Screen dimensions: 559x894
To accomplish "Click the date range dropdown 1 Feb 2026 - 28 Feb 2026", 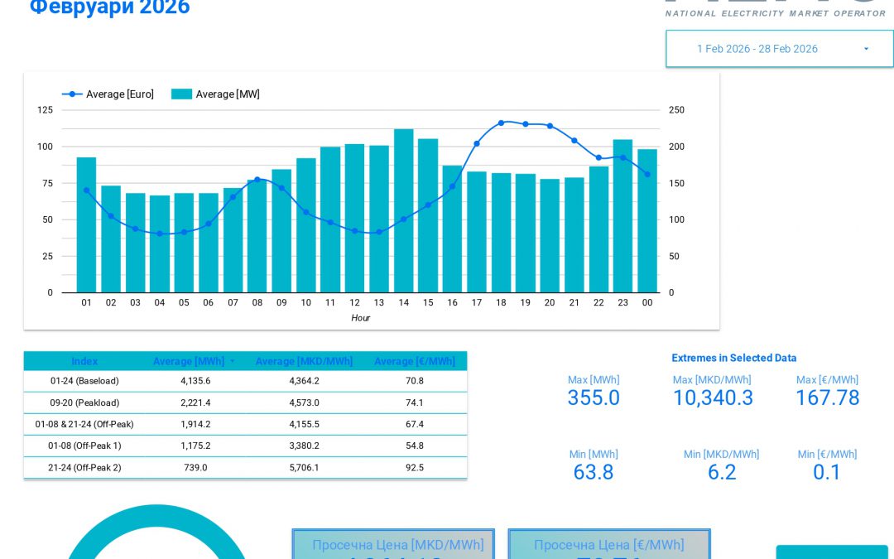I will pyautogui.click(x=779, y=49).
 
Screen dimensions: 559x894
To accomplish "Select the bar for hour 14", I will pyautogui.click(x=403, y=210).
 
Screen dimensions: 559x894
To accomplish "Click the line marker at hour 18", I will pyautogui.click(x=501, y=123).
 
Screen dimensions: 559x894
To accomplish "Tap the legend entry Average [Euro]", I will pyautogui.click(x=108, y=94).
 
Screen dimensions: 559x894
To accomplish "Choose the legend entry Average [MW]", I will pyautogui.click(x=216, y=94).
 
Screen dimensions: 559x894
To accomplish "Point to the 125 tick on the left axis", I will pyautogui.click(x=45, y=110).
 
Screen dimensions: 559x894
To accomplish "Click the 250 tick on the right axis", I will pyautogui.click(x=676, y=110).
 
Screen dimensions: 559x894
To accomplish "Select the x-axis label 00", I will pyautogui.click(x=646, y=303).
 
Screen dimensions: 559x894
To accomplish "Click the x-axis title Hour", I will pyautogui.click(x=360, y=318).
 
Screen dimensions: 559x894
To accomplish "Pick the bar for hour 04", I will pyautogui.click(x=160, y=243).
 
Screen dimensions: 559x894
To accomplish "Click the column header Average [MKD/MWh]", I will pyautogui.click(x=304, y=362).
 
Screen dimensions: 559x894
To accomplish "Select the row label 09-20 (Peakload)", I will pyautogui.click(x=84, y=402).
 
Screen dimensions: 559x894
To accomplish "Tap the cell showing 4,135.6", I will pyautogui.click(x=195, y=381).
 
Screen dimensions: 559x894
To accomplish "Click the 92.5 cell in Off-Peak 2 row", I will pyautogui.click(x=415, y=468).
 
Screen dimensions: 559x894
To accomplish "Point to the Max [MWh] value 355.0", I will pyautogui.click(x=593, y=398).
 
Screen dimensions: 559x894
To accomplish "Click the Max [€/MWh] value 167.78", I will pyautogui.click(x=827, y=398).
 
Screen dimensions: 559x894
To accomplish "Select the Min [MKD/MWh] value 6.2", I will pyautogui.click(x=721, y=472).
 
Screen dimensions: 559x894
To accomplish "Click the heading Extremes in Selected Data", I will pyautogui.click(x=733, y=359).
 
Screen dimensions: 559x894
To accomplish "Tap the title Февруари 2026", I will pyautogui.click(x=110, y=8).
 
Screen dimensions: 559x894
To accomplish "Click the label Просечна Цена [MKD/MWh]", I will pyautogui.click(x=397, y=545).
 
